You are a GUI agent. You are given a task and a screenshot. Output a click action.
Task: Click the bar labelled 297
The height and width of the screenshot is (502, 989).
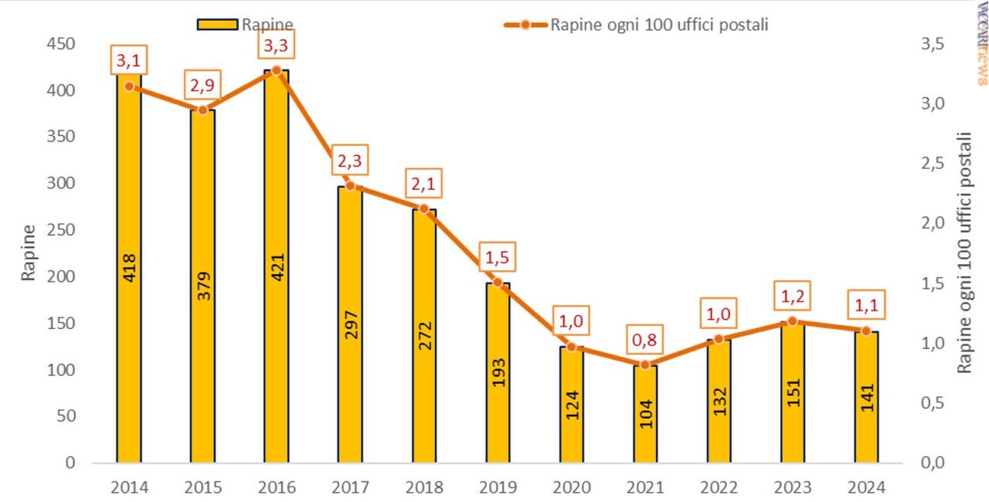[349, 324]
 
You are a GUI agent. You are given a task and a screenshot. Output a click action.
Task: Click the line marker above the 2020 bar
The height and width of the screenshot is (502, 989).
[572, 347]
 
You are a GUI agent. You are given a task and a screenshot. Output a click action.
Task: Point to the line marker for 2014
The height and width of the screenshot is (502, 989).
[129, 86]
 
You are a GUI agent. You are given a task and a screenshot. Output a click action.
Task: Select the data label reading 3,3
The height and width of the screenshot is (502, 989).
[276, 46]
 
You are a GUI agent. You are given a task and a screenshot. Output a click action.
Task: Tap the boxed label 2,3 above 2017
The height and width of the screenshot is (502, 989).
[349, 162]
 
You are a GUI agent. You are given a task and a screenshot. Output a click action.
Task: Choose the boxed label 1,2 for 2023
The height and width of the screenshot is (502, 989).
[792, 296]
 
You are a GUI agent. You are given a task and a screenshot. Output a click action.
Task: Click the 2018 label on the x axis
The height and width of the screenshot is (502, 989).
[423, 488]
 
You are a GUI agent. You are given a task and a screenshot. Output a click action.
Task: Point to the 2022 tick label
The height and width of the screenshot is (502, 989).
[719, 488]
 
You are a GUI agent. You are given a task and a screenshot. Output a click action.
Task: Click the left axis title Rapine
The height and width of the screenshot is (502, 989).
[28, 253]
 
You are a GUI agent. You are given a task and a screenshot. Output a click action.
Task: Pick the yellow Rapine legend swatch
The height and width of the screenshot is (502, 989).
[219, 24]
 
